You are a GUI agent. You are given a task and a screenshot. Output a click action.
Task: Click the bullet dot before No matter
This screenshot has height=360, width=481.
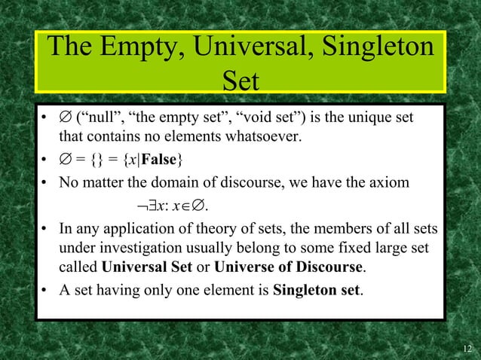point(45,182)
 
